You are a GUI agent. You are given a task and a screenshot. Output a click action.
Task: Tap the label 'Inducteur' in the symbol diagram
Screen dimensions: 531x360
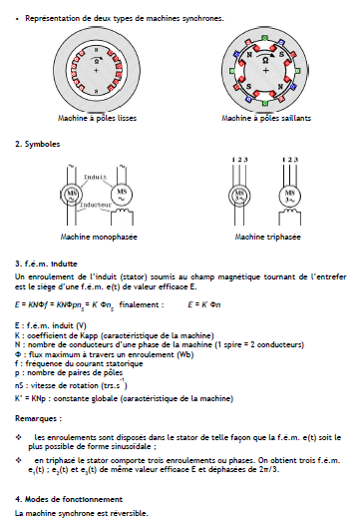point(96,205)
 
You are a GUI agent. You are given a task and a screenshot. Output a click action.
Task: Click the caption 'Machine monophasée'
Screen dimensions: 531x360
point(99,238)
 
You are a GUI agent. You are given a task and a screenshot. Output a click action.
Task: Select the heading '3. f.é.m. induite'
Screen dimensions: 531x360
point(49,263)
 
